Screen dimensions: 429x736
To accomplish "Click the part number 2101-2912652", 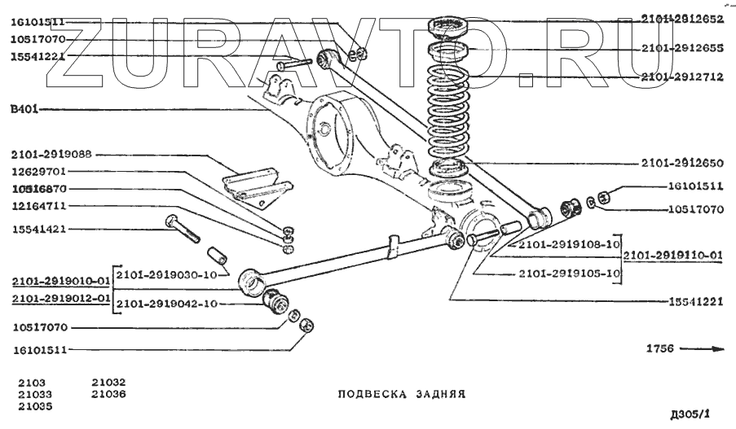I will coord(681,18).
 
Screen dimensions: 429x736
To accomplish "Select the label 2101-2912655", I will coord(681,48).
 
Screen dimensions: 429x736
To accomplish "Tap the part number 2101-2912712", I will coord(681,78).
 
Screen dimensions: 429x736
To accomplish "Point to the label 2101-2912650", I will coord(681,162).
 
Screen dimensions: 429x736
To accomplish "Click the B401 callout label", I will coord(24,109).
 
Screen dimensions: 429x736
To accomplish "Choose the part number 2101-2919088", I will coord(51,154).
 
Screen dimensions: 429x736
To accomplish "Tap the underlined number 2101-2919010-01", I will coord(61,282).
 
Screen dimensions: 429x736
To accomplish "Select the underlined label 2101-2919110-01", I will coord(673,256).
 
